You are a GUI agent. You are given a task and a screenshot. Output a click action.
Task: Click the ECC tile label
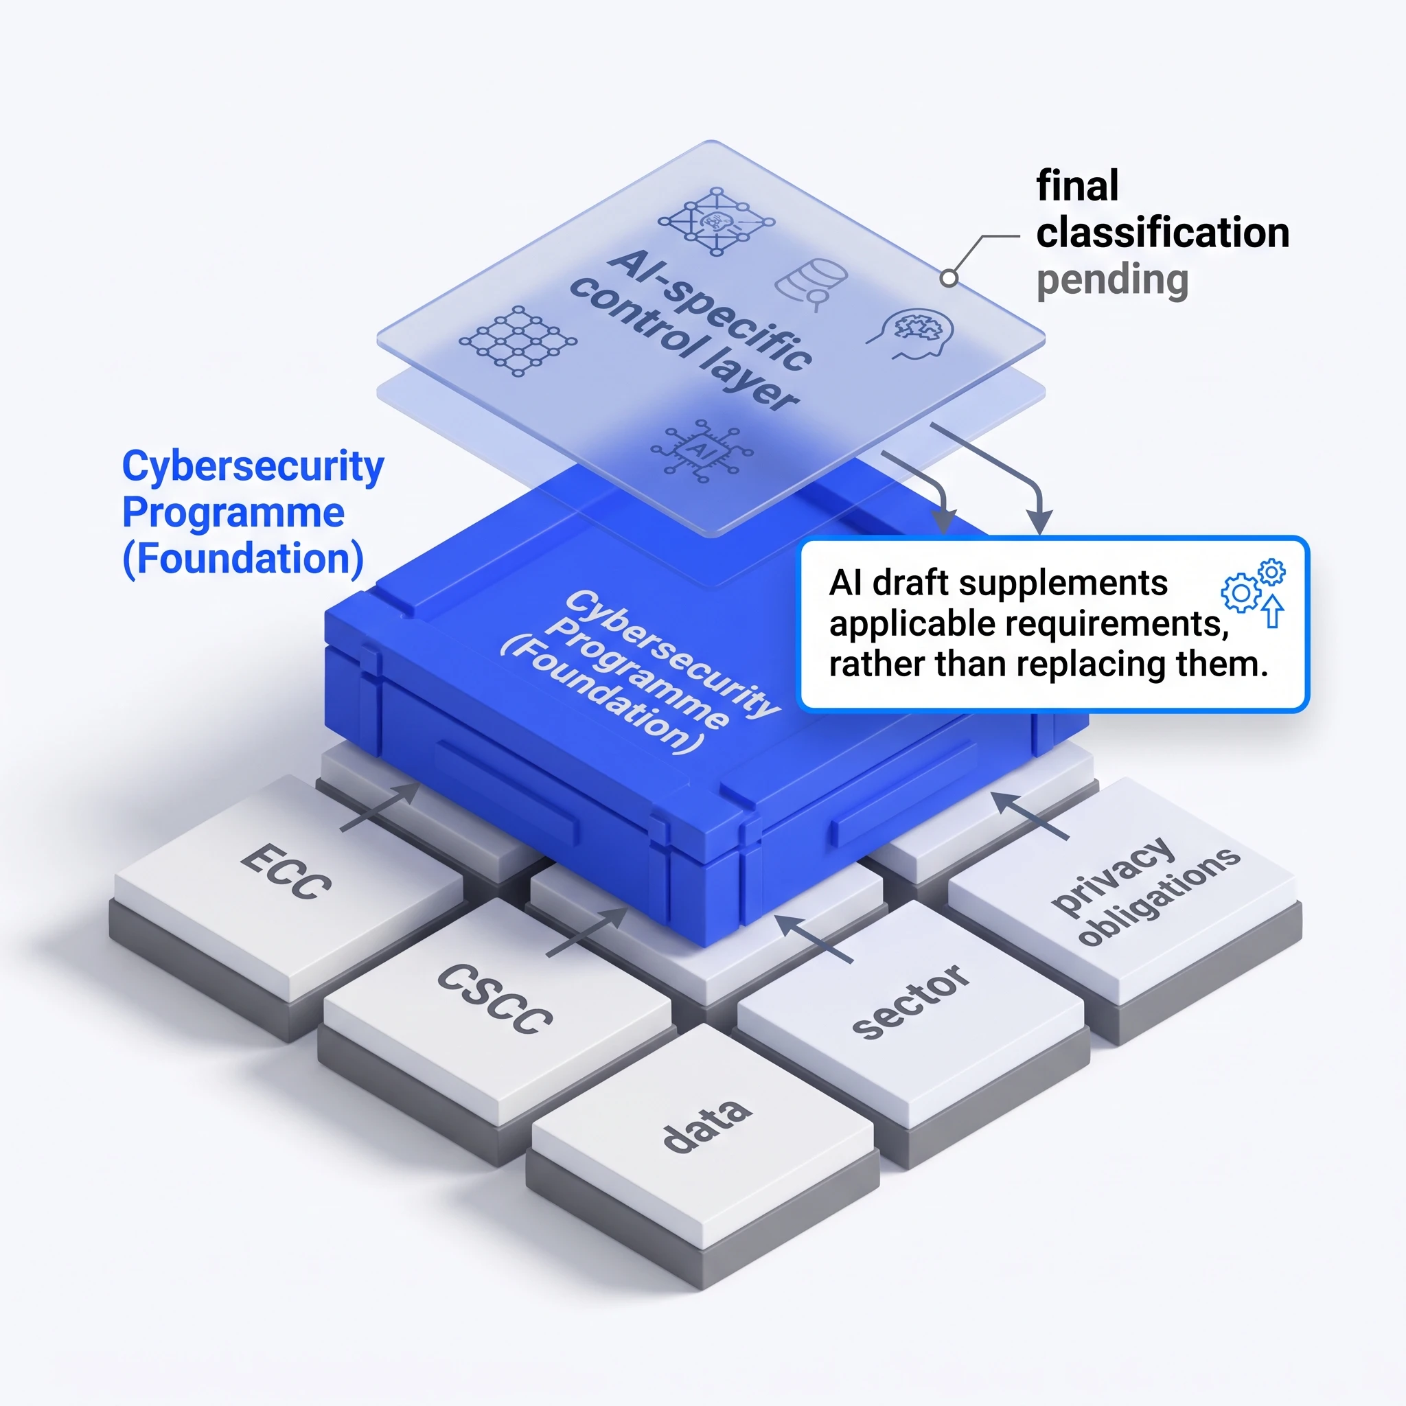[286, 871]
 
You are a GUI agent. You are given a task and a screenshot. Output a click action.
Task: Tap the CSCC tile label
[495, 998]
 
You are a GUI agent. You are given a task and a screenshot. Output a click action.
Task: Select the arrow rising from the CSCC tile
[586, 932]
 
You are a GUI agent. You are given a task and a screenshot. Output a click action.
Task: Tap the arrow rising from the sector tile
[814, 938]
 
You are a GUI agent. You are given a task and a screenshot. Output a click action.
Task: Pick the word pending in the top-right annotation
[1112, 281]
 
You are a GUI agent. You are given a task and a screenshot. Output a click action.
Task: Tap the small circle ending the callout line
[948, 277]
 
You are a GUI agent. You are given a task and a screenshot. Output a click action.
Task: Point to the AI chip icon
[702, 450]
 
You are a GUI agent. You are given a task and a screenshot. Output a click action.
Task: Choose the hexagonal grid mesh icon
[518, 341]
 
